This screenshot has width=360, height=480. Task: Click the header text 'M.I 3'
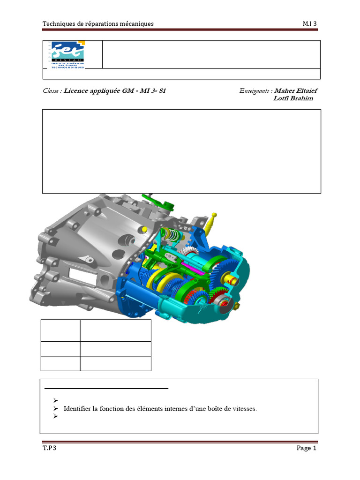click(310, 24)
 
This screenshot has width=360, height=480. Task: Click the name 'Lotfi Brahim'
click(293, 98)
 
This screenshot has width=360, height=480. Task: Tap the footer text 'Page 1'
click(307, 448)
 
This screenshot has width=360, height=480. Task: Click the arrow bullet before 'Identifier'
click(55, 409)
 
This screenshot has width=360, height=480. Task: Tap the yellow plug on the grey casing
click(145, 228)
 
